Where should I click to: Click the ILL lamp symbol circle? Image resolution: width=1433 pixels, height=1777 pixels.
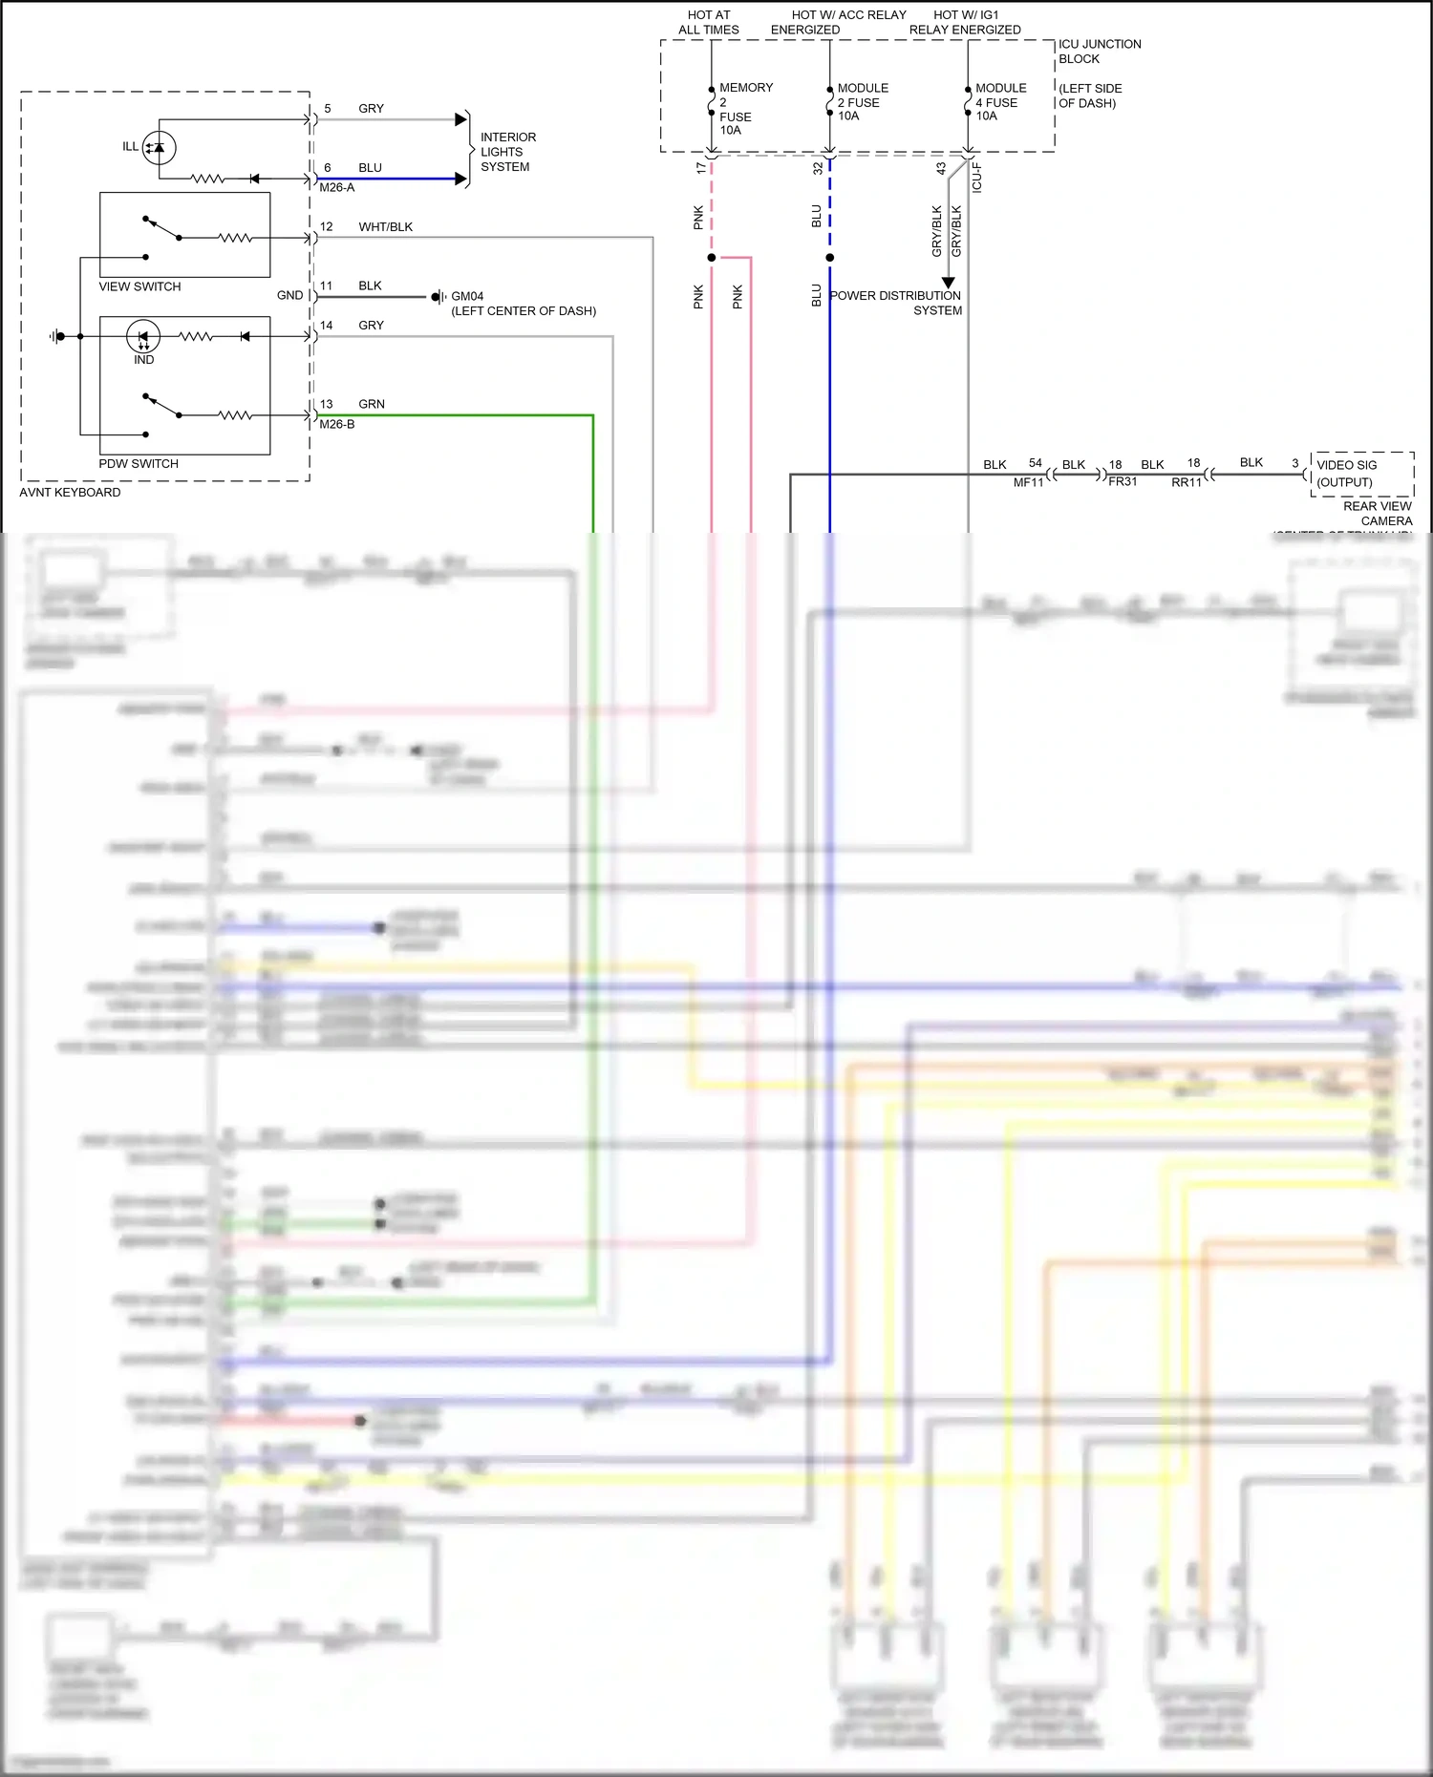tap(159, 147)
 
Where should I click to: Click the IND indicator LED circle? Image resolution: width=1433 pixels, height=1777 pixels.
tap(143, 336)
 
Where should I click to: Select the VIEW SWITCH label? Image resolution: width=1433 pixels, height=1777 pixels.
tap(139, 286)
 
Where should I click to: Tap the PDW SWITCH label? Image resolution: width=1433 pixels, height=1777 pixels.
tap(139, 463)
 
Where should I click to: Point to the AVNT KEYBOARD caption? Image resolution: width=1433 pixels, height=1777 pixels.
tap(70, 492)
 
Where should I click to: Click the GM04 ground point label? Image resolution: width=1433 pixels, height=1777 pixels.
tap(467, 296)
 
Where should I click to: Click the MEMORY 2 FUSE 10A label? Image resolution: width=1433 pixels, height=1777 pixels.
tap(744, 108)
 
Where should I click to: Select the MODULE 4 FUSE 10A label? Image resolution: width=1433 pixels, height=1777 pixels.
tap(999, 101)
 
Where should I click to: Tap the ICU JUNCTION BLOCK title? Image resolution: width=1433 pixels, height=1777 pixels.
tap(1099, 51)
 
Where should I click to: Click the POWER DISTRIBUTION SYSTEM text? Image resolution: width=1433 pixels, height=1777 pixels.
tap(896, 303)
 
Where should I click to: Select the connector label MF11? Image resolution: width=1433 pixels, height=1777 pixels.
tap(1028, 482)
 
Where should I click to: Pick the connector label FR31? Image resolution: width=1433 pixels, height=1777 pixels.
tap(1123, 481)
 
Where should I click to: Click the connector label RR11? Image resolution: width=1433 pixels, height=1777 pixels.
tap(1186, 482)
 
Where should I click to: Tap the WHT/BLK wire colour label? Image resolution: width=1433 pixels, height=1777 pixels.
tap(385, 226)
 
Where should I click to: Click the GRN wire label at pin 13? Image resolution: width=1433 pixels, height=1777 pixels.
tap(371, 404)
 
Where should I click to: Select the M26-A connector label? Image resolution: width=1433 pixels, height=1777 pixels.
tap(336, 187)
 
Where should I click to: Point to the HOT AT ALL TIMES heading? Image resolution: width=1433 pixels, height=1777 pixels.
tap(708, 22)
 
